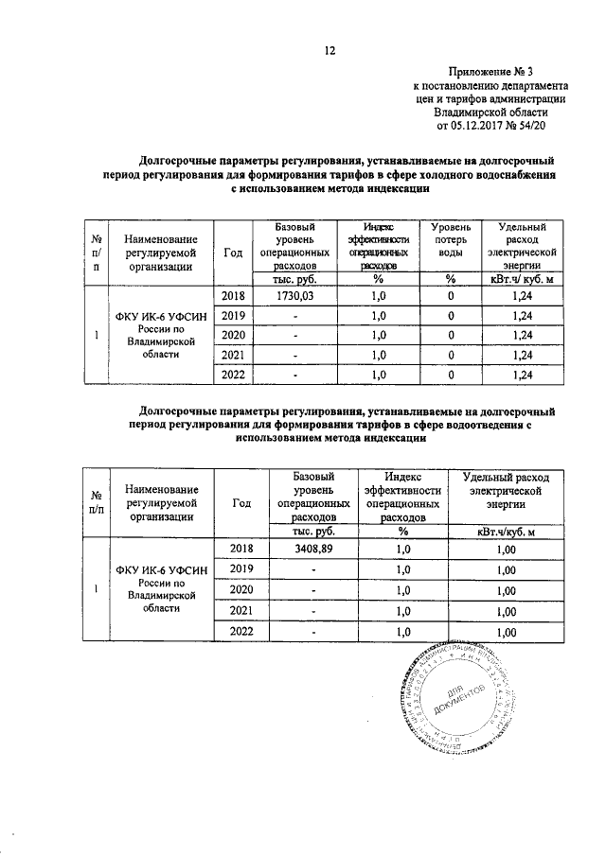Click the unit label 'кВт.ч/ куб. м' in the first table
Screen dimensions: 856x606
pos(522,280)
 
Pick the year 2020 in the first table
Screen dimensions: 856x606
pos(233,336)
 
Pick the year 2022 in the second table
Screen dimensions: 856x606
pos(241,632)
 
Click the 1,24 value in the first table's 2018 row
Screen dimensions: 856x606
pos(523,298)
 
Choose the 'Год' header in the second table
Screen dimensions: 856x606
pos(241,503)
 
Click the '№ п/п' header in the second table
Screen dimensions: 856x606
pos(97,503)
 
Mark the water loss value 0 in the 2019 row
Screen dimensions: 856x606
pos(452,316)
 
